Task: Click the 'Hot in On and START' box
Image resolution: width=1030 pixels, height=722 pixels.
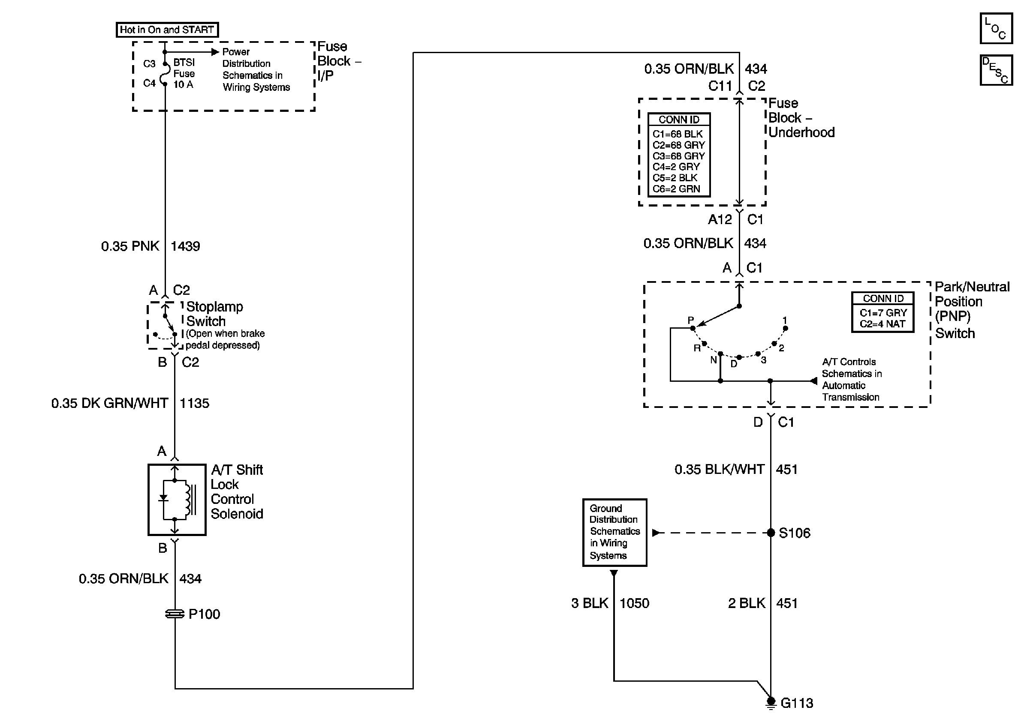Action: click(167, 30)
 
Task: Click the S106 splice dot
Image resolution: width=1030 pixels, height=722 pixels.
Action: click(771, 533)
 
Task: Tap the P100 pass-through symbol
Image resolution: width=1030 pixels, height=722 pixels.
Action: click(175, 614)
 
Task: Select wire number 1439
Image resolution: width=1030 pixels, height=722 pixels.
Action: click(185, 246)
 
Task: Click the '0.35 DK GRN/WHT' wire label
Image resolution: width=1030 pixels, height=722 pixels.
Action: click(109, 403)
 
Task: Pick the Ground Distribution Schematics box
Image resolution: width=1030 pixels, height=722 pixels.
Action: click(614, 533)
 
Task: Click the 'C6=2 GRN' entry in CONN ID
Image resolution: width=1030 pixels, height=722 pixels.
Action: click(676, 189)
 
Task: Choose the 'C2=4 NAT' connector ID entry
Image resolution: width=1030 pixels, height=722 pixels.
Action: click(882, 324)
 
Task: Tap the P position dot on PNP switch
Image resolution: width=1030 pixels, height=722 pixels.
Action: click(693, 329)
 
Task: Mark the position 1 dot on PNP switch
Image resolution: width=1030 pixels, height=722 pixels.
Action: click(786, 329)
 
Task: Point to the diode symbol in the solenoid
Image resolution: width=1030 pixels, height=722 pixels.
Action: click(164, 498)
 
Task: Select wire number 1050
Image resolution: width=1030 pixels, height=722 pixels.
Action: click(634, 603)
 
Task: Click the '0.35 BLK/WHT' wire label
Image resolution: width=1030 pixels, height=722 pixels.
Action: click(720, 469)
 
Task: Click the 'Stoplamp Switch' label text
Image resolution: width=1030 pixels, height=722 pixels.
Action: click(214, 314)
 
